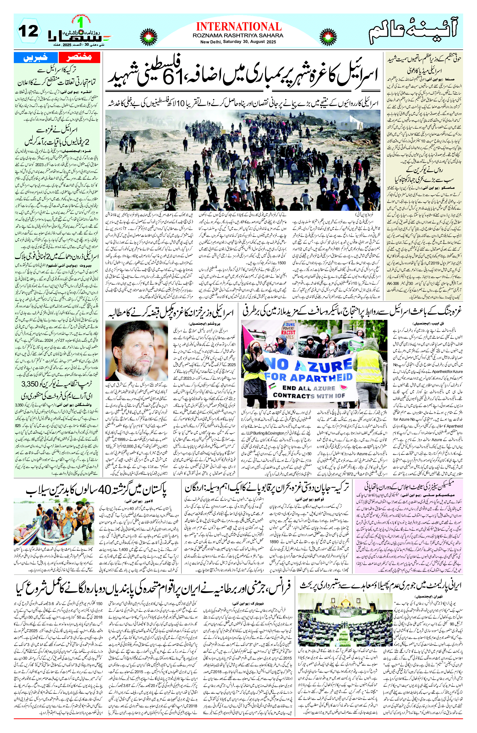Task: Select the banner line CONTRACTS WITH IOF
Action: (309, 395)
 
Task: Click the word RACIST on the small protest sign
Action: (288, 333)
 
